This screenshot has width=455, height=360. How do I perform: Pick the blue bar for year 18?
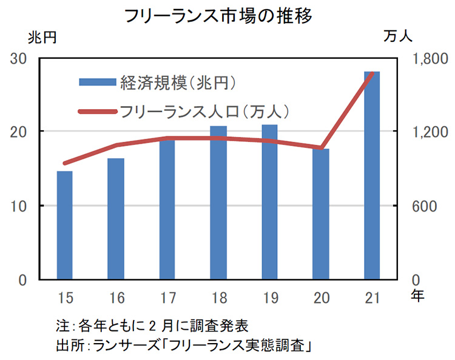tap(218, 202)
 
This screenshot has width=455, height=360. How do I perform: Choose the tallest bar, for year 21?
tap(372, 176)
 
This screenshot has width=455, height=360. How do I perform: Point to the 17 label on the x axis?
tap(167, 298)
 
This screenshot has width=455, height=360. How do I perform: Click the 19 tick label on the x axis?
tap(269, 298)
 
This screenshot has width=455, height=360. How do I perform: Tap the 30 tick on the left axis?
tap(19, 59)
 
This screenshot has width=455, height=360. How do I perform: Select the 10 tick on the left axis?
tap(19, 206)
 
